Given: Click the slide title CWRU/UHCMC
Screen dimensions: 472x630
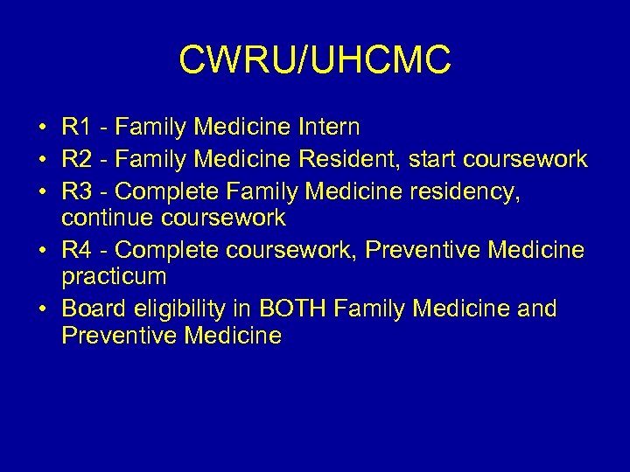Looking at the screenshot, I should [x=315, y=60].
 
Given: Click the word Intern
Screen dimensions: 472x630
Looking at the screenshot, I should [x=328, y=128].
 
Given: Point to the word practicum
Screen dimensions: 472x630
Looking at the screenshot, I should [x=114, y=278].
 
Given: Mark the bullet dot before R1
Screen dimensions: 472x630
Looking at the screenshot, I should [x=42, y=128].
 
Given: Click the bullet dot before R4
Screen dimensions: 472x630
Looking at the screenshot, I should [x=42, y=251].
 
